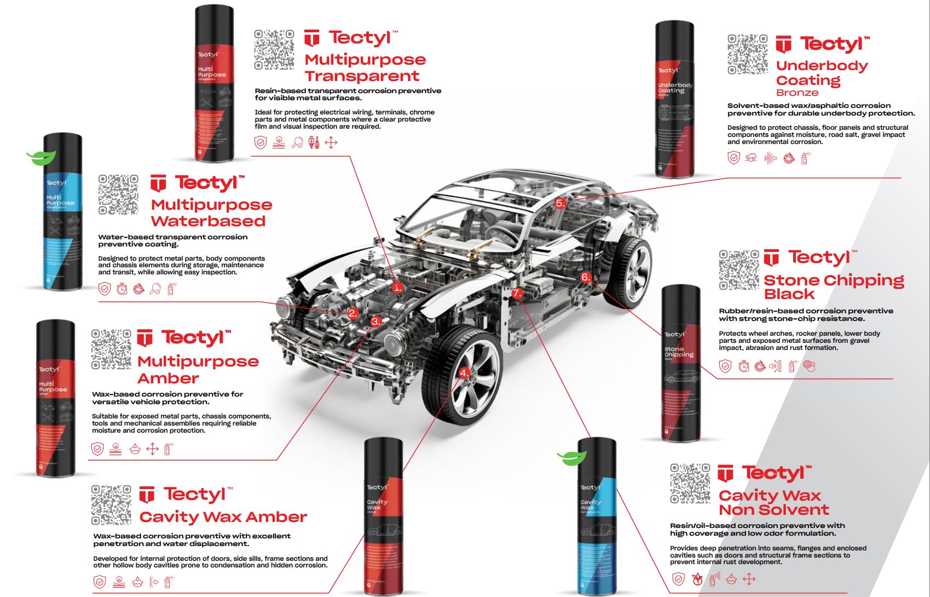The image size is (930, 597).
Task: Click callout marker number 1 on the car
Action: [x=398, y=287]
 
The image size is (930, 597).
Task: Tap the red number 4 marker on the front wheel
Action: [x=464, y=374]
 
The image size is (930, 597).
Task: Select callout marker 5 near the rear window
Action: [x=561, y=203]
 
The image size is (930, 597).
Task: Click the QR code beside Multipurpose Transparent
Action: [x=274, y=50]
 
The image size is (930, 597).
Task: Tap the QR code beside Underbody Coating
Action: [x=748, y=54]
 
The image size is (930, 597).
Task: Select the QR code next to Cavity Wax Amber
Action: [x=111, y=504]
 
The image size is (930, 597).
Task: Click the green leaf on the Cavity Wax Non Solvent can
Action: [x=572, y=457]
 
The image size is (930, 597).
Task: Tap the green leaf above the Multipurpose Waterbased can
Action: [x=42, y=158]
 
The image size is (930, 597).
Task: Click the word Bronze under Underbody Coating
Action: [x=797, y=93]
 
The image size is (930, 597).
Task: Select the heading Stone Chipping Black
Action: [x=833, y=287]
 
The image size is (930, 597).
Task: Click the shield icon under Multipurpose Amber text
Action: [x=97, y=450]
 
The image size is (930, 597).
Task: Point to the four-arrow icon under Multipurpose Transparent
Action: [x=331, y=143]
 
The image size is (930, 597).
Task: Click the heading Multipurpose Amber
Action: [x=198, y=370]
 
